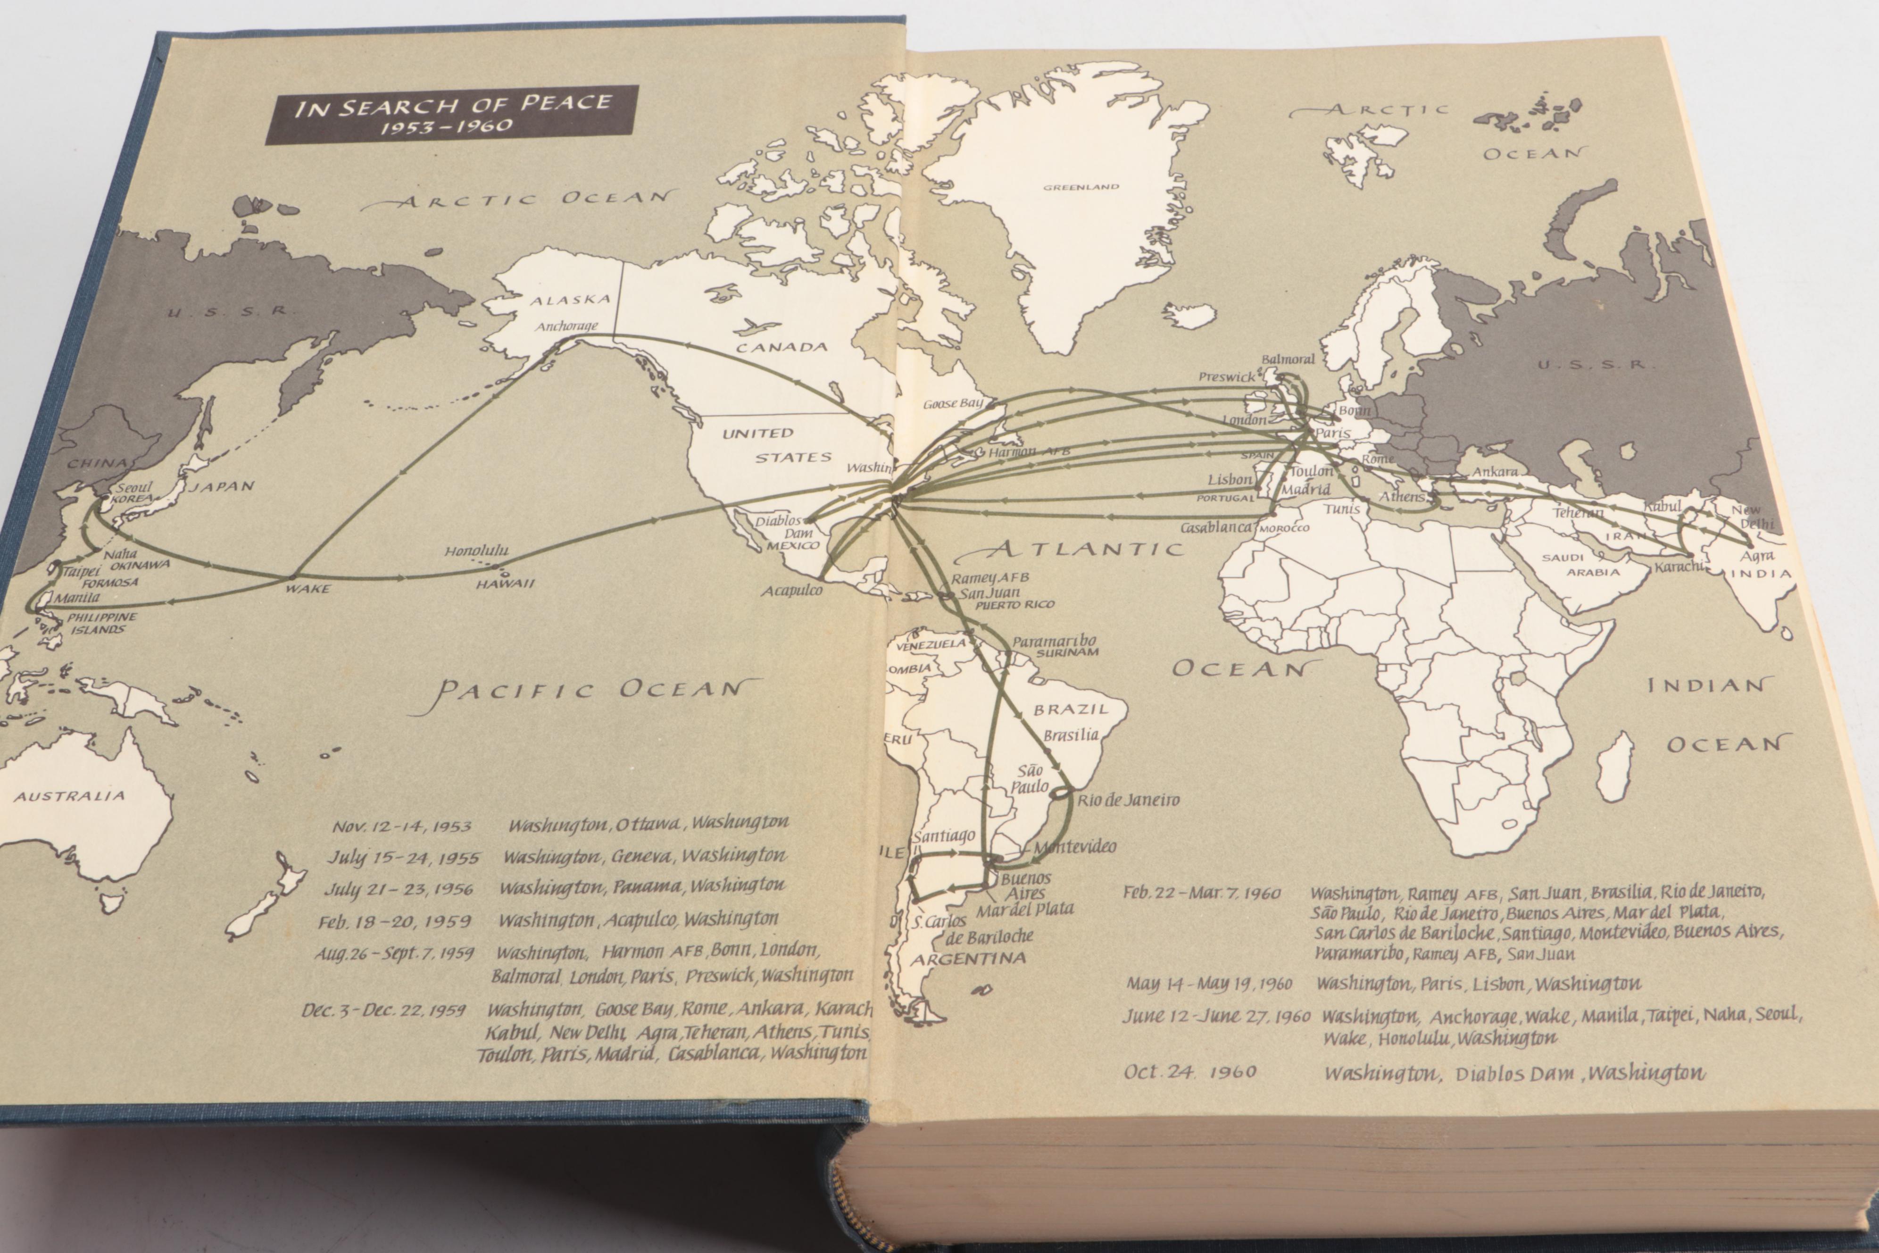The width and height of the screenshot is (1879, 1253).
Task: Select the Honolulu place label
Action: [x=476, y=551]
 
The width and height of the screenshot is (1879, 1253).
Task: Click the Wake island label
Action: [x=307, y=589]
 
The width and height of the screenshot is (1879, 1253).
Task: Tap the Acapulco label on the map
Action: [x=791, y=591]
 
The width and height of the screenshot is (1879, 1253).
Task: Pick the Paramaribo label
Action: [x=1054, y=642]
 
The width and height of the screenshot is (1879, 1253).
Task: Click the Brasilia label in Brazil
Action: [x=1071, y=735]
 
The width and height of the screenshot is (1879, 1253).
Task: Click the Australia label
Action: [x=69, y=796]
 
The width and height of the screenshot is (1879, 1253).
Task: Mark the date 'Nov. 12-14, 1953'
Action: [x=402, y=826]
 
